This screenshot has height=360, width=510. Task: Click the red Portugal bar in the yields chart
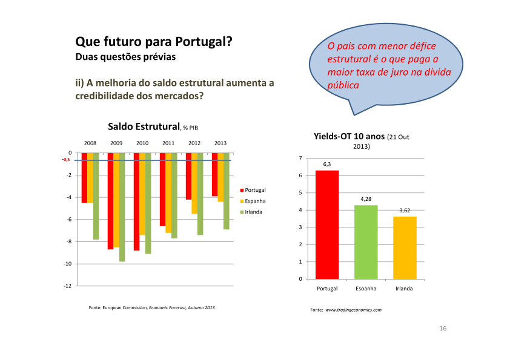click(327, 224)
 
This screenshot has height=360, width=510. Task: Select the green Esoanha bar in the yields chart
click(365, 242)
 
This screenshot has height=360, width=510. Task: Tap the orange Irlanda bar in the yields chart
click(404, 247)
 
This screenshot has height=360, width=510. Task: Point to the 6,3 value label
click(327, 165)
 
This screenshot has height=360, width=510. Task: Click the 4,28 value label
click(366, 199)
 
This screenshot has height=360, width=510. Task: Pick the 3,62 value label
click(405, 211)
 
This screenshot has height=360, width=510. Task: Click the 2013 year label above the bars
click(220, 143)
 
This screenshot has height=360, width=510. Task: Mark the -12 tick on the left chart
click(67, 286)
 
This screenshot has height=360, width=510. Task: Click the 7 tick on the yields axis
click(300, 159)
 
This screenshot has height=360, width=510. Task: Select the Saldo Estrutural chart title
click(144, 126)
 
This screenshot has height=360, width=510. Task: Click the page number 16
click(443, 328)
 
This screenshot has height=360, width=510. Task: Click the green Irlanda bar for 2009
click(122, 207)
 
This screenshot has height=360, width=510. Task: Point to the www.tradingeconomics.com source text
click(354, 310)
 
